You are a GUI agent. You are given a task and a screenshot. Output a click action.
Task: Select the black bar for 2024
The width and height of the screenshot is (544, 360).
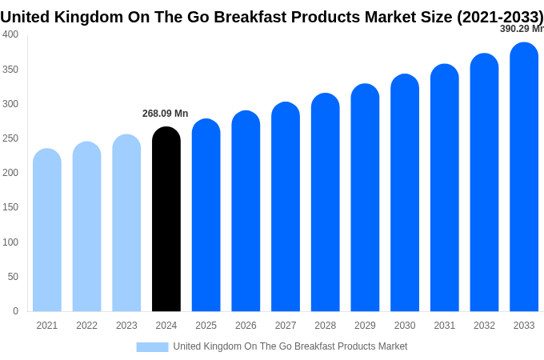[x=166, y=220]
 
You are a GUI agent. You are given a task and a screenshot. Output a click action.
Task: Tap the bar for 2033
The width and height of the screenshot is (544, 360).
[x=524, y=178]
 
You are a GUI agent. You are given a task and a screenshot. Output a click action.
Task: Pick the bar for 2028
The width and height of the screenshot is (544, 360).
[x=326, y=203]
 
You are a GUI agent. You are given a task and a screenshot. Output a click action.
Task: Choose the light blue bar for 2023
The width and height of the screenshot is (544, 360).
[x=126, y=223]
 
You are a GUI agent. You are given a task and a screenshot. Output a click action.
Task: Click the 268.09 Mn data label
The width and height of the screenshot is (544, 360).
[x=165, y=114]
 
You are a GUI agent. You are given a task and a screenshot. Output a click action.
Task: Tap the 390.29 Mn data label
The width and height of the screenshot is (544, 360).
[x=522, y=29]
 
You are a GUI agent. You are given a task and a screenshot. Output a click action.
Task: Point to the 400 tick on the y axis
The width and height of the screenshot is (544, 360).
[x=10, y=34]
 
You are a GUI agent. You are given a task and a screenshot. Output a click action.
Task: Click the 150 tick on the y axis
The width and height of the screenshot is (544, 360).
[x=10, y=207]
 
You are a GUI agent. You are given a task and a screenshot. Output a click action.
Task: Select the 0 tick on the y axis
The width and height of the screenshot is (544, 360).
[x=15, y=311]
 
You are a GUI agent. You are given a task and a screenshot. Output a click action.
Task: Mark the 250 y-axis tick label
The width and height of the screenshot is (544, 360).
[x=10, y=138]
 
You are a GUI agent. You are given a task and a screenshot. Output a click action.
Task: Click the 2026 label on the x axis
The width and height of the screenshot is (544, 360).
[x=246, y=326]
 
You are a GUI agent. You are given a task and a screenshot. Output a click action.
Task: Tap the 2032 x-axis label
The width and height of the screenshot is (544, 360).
[x=484, y=326]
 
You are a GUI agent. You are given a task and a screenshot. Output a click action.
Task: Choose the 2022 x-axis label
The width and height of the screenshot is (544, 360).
[x=86, y=326]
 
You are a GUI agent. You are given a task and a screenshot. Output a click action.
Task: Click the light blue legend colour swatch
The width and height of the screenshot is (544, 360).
[x=152, y=347]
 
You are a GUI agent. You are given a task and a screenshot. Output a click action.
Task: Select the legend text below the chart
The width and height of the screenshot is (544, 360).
[x=290, y=346]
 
